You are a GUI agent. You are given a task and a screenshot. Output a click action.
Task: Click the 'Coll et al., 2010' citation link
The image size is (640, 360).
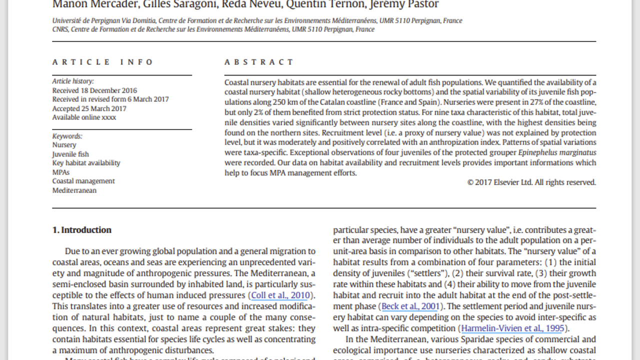[280, 295]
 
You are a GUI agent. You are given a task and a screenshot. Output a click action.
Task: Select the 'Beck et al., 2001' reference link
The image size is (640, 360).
[410, 306]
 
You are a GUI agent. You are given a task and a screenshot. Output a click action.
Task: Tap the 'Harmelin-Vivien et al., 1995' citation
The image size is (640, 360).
[512, 328]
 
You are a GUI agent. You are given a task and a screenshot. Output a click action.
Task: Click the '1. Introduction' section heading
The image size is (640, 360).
[82, 230]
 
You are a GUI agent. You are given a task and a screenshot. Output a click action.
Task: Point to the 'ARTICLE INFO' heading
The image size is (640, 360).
[103, 62]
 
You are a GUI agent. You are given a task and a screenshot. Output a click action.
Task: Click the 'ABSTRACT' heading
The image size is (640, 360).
[259, 62]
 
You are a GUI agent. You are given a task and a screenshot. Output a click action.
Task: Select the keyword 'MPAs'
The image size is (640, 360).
[61, 172]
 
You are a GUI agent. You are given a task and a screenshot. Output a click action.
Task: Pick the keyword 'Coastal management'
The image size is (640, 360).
[83, 181]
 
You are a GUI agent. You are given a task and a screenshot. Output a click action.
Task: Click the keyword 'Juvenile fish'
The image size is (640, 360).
[70, 154]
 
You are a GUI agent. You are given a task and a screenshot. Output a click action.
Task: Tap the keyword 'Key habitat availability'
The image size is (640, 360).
[86, 163]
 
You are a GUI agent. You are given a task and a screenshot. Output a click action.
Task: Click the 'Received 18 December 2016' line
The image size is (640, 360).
[94, 90]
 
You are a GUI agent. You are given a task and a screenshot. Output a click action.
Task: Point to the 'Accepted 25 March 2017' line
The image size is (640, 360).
[89, 108]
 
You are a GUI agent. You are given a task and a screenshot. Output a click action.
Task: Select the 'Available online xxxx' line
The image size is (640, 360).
[84, 117]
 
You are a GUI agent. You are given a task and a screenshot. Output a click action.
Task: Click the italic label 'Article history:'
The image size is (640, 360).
[73, 81]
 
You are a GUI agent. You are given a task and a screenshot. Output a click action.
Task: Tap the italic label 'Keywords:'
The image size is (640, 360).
[67, 136]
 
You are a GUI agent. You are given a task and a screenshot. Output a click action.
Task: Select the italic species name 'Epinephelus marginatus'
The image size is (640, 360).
[557, 152]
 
